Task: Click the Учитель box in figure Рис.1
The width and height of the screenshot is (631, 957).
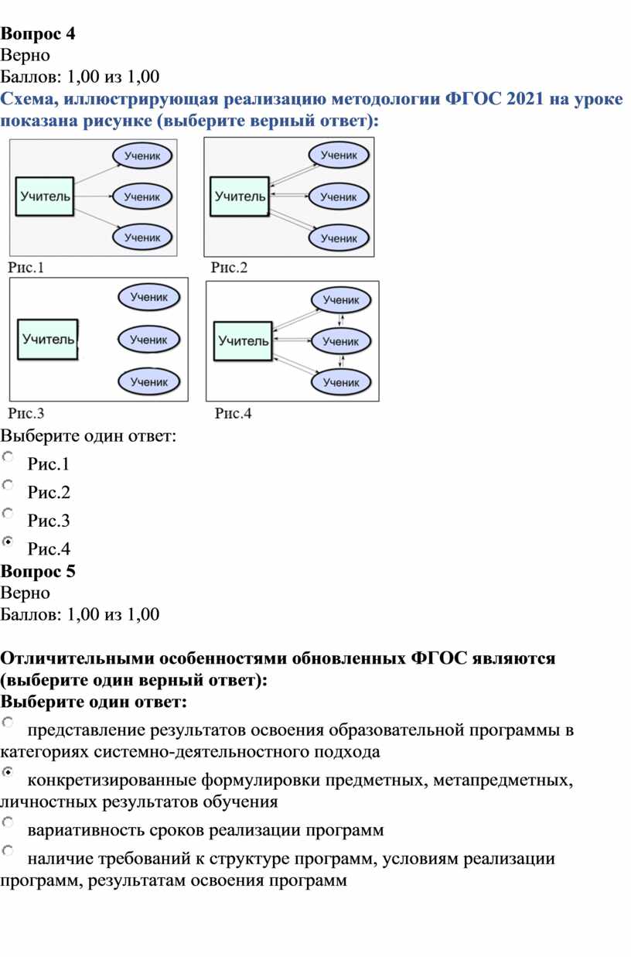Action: pos(45,197)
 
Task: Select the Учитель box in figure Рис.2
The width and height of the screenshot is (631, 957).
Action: pos(240,196)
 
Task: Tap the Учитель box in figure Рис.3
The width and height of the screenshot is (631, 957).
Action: pos(48,339)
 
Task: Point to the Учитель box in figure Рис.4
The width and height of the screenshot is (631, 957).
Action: pos(243,341)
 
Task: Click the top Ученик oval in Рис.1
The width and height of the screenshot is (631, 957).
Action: pos(142,156)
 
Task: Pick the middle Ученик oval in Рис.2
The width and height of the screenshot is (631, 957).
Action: pos(339,197)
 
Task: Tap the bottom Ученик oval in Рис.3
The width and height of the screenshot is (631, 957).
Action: pos(149,381)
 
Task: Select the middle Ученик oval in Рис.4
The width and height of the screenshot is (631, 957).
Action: pos(341,341)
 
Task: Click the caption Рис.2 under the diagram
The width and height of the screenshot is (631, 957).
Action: pos(229,268)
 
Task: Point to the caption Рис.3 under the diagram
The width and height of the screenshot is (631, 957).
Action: pos(26,413)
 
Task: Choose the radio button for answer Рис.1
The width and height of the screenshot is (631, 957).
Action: pos(8,456)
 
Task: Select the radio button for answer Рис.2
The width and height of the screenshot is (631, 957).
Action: pos(8,485)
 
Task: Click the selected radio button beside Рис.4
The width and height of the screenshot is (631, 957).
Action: pos(8,542)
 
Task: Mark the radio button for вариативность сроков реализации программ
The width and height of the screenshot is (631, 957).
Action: pos(8,822)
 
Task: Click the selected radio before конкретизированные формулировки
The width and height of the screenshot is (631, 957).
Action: pos(8,771)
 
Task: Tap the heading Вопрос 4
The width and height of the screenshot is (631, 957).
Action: pos(38,34)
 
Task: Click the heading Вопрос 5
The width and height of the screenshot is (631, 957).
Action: pos(38,571)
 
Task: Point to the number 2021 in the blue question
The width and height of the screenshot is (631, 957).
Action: pos(525,99)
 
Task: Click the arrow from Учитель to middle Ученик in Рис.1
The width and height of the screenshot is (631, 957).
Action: pos(94,197)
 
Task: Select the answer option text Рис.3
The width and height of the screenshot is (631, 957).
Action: pos(49,521)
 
